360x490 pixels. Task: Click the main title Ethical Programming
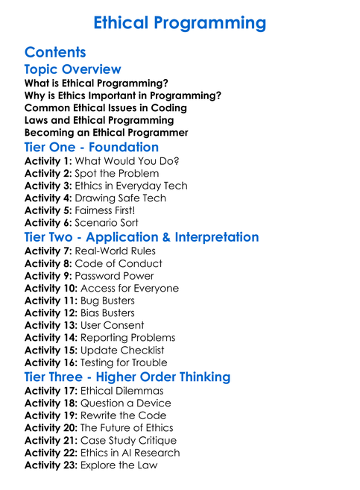[x=180, y=23]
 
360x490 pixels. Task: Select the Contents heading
[x=55, y=52]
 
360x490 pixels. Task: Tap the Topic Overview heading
[x=72, y=69]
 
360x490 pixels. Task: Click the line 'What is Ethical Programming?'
[x=96, y=83]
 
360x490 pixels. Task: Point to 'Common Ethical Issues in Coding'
[x=105, y=107]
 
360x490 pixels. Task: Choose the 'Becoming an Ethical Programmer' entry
[x=106, y=132]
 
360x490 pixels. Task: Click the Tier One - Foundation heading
[x=92, y=147]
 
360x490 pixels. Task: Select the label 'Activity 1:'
[x=48, y=161]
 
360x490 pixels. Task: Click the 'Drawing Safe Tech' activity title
[x=121, y=198]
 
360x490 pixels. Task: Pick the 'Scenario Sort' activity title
[x=107, y=222]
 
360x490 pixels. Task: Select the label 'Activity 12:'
[x=51, y=312]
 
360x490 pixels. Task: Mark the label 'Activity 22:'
[x=51, y=452]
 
